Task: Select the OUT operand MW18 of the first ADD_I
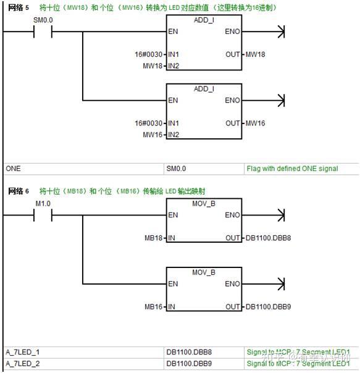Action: point(255,55)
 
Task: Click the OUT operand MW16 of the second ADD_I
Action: point(255,123)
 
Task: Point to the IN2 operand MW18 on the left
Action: point(153,65)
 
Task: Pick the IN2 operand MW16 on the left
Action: point(153,134)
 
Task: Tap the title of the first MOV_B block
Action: point(204,203)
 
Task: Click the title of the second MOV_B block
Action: point(204,272)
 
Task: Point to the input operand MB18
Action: point(154,238)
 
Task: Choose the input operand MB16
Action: point(154,306)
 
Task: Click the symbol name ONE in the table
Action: point(13,169)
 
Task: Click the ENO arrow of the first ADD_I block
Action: point(282,31)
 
